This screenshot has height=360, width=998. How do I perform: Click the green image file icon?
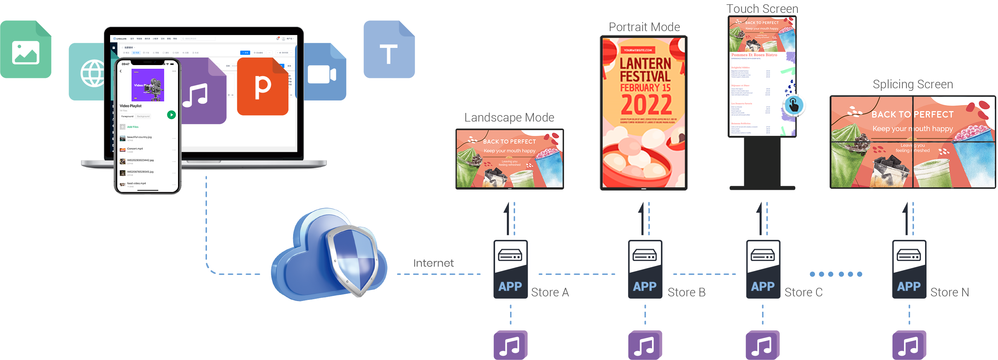point(26,50)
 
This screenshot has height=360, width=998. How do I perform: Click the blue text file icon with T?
point(389,50)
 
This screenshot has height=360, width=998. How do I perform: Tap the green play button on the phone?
point(171,115)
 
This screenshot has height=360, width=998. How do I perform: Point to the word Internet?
point(433,263)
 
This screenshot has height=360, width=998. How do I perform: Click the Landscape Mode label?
point(509,117)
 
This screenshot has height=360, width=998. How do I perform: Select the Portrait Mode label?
point(644,27)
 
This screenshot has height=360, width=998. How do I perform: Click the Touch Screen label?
point(761,9)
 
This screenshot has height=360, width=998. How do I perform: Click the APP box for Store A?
point(510,269)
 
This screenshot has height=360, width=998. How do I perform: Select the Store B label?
point(687,292)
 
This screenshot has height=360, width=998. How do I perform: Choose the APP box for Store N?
point(909,269)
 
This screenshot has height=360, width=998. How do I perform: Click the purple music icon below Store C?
point(762,345)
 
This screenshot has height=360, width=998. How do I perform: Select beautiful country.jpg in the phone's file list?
point(139,137)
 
